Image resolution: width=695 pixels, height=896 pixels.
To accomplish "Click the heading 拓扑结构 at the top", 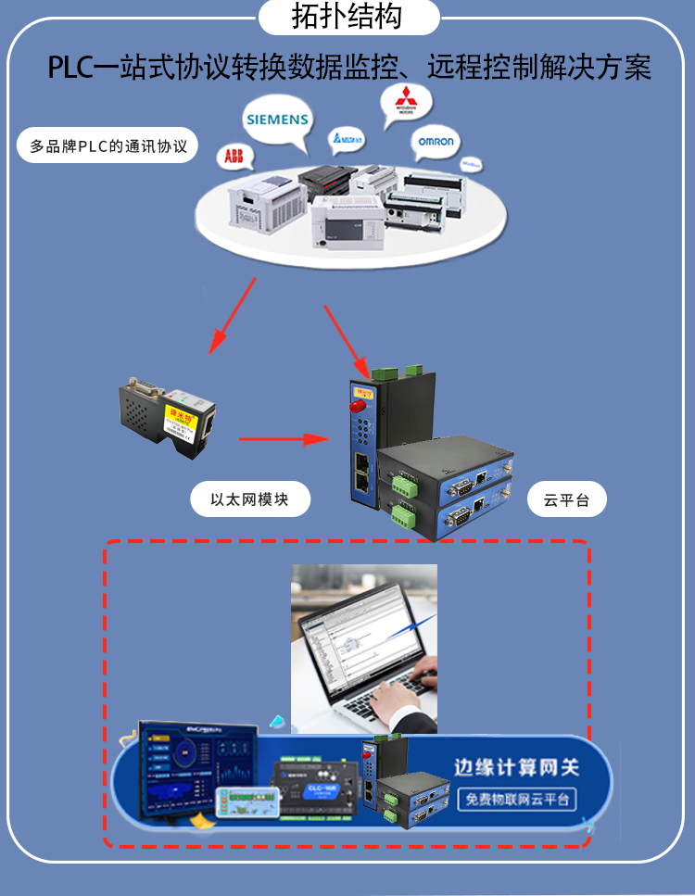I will click(347, 17).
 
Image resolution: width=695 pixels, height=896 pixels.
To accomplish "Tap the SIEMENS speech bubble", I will click(276, 120).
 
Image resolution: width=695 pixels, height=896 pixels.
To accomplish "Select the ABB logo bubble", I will click(234, 158).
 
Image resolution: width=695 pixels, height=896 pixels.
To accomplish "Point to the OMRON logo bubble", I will click(435, 142).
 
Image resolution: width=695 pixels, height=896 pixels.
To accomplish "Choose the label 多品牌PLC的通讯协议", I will click(108, 146).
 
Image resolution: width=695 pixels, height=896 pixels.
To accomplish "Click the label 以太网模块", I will click(249, 500).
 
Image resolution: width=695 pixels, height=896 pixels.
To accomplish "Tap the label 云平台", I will click(566, 500).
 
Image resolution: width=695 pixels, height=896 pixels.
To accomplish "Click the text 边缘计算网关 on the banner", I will click(516, 767).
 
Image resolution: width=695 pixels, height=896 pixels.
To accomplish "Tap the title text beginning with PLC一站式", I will click(349, 67).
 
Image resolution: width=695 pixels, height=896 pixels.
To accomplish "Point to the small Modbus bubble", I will click(472, 163).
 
